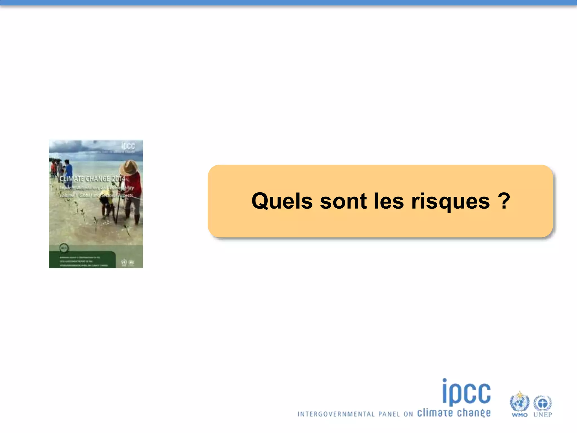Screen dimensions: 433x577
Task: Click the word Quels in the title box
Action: [x=282, y=201]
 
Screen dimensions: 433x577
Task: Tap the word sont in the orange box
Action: [x=343, y=201]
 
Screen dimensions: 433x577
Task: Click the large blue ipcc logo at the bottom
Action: [x=466, y=392]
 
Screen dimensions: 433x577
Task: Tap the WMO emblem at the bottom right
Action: [x=519, y=401]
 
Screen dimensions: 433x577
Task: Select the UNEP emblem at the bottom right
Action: [x=543, y=403]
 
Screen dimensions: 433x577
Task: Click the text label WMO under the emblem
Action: [x=520, y=415]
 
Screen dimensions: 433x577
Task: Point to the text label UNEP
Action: [x=543, y=415]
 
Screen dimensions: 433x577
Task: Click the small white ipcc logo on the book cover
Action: [x=128, y=146]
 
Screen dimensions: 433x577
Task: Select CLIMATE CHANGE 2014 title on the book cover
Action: [x=92, y=179]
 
